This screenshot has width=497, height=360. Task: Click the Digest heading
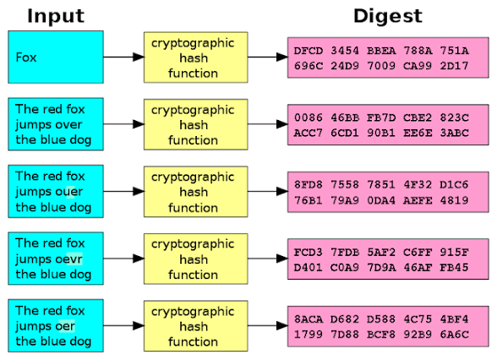[387, 15]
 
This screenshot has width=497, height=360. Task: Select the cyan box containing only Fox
[56, 57]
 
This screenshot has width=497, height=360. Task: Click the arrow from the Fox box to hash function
[123, 57]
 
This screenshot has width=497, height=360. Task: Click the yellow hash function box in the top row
[193, 57]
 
